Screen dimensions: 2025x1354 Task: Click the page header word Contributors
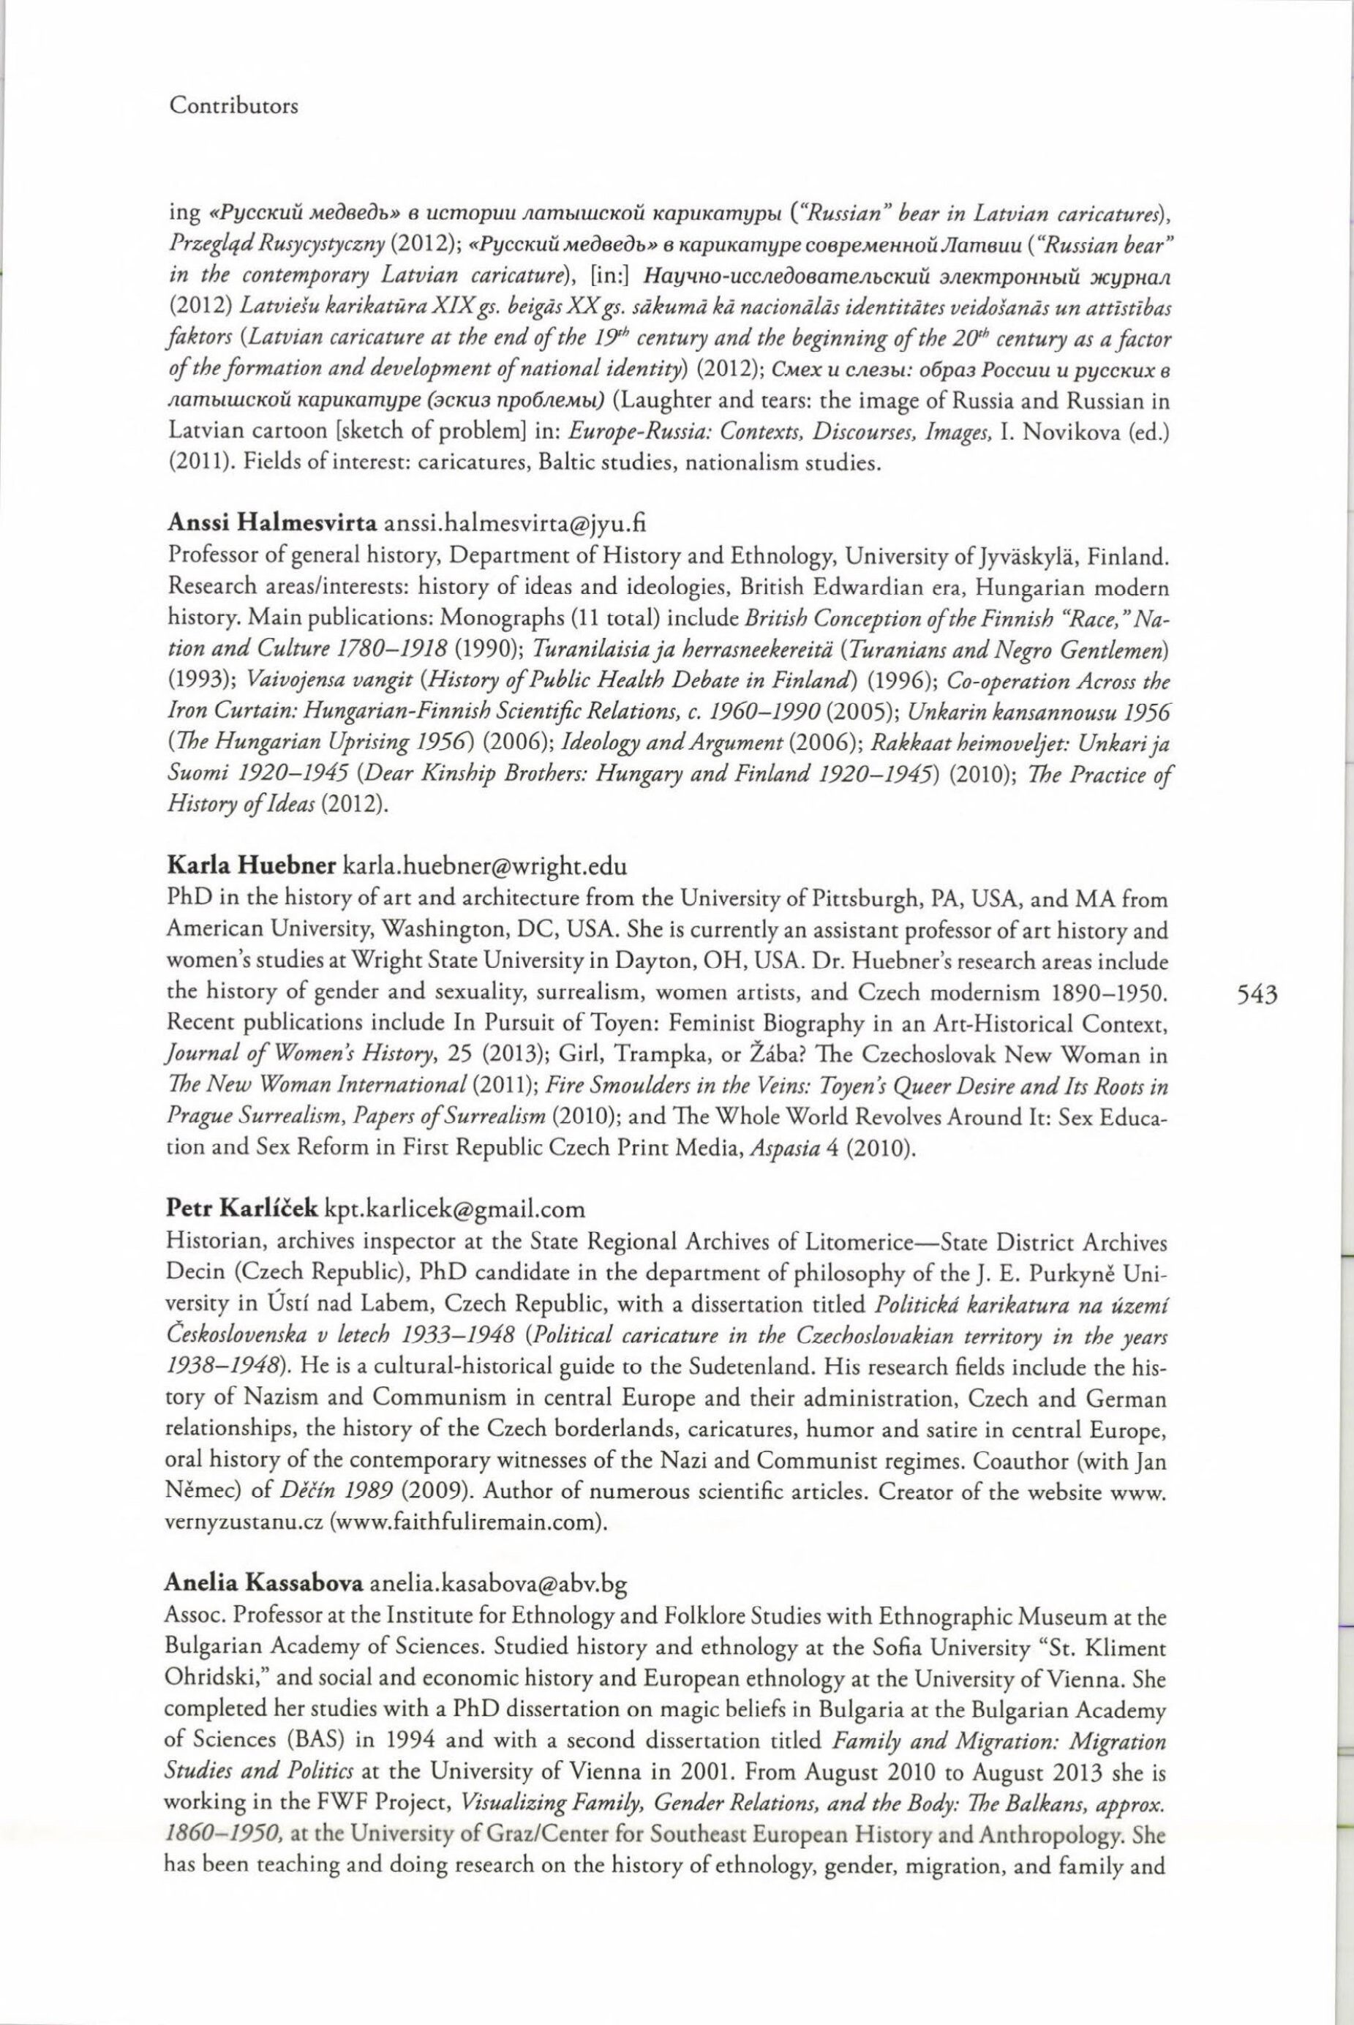tap(233, 106)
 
